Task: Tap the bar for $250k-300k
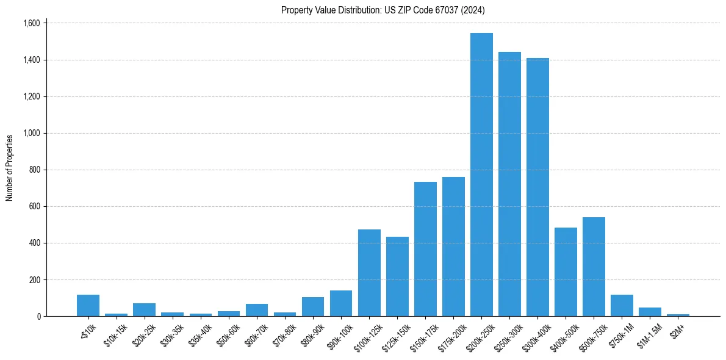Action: point(509,184)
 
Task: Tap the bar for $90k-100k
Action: point(341,303)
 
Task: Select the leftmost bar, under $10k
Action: point(88,305)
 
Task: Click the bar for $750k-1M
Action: point(622,305)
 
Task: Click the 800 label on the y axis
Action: point(34,170)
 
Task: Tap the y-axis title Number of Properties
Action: point(10,168)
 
